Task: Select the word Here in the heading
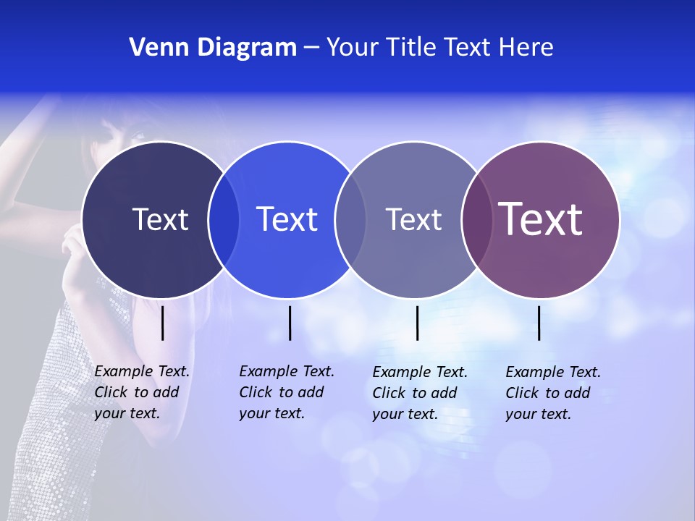526,48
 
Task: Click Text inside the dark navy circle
160,219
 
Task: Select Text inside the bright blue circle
287,219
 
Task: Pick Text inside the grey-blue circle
413,219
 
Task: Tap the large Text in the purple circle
541,219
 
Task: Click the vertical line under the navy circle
163,323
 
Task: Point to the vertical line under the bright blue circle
290,323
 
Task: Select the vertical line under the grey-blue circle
417,323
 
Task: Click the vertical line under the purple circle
539,323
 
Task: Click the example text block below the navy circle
142,392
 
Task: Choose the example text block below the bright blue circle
287,392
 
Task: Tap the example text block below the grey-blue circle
420,393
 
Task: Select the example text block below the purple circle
553,393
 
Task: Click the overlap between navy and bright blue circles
224,219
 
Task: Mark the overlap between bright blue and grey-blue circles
350,219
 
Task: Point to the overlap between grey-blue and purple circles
476,219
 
